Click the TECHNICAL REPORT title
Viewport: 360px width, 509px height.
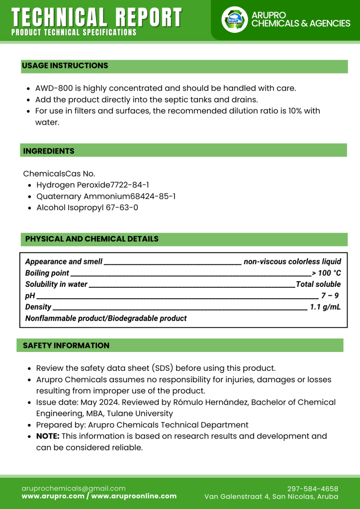click(x=96, y=17)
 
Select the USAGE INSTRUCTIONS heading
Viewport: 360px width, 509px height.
click(x=65, y=66)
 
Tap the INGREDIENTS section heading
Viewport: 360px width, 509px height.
click(x=49, y=151)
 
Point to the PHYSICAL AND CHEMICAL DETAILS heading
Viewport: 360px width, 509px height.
click(x=92, y=239)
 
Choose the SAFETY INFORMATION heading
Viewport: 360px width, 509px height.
click(x=66, y=345)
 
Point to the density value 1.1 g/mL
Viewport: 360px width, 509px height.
click(x=325, y=307)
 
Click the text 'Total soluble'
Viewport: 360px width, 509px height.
click(x=318, y=284)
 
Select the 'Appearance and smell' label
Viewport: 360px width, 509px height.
click(x=64, y=261)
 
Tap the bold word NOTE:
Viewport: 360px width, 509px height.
click(x=48, y=436)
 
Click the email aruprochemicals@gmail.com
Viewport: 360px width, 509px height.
click(x=74, y=488)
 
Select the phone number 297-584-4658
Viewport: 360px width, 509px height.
click(x=313, y=489)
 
